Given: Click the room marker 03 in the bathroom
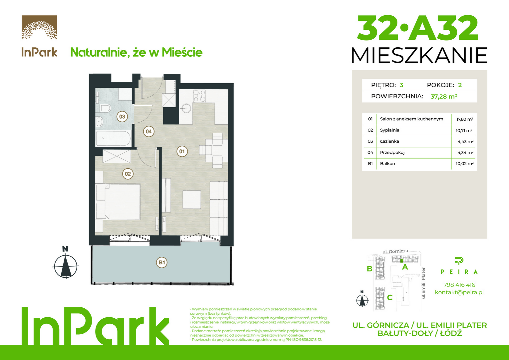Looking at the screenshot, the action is pos(122,117).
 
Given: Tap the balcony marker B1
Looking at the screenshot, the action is pos(162,263).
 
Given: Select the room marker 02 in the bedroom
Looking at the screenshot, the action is pos(128,174).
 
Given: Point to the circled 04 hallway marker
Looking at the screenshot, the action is pos(149,131).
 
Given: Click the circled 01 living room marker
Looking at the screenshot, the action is pos(182,151).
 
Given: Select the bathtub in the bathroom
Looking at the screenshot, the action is pos(113,138).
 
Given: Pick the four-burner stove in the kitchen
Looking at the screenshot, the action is pos(199,96).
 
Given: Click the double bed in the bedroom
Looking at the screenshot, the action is pos(118,202).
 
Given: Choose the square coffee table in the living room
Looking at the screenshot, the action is pos(192,199).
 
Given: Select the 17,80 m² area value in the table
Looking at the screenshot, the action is pos(465,119).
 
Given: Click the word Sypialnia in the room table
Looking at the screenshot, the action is pos(389,130).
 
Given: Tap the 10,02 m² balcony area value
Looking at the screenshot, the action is pos(465,164).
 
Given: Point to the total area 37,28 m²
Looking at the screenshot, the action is pos(444,96).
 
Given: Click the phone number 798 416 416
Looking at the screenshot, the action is pos(459,285).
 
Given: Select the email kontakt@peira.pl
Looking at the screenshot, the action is pos(459,292).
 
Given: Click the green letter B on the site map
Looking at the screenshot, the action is pos(369,269).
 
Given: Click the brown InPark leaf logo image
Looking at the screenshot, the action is pos(39,27).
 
